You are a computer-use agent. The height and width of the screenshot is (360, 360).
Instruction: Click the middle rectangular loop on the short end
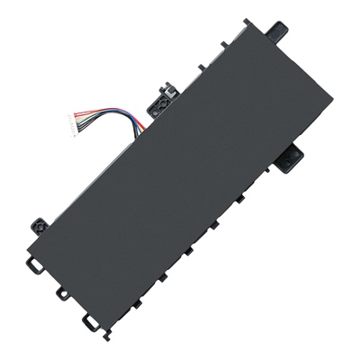[60, 293]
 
